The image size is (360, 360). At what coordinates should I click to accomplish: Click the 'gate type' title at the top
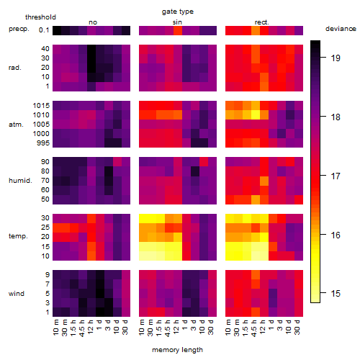pyautogui.click(x=178, y=12)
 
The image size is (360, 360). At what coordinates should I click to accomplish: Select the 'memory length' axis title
pyautogui.click(x=177, y=350)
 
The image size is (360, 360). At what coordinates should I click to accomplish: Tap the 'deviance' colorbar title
pyautogui.click(x=341, y=29)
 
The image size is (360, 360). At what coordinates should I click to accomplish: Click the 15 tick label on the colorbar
pyautogui.click(x=336, y=293)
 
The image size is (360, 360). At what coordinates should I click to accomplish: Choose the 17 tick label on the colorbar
pyautogui.click(x=336, y=176)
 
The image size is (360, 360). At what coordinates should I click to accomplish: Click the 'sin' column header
pyautogui.click(x=177, y=22)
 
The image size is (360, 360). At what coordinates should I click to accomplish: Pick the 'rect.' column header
pyautogui.click(x=262, y=22)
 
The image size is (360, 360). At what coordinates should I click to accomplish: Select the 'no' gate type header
pyautogui.click(x=93, y=22)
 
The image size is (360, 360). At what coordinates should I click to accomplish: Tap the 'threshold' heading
pyautogui.click(x=40, y=17)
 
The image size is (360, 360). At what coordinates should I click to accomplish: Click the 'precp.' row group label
pyautogui.click(x=19, y=29)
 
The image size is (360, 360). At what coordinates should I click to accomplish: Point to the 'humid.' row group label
pyautogui.click(x=20, y=181)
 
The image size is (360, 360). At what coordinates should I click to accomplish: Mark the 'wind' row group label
pyautogui.click(x=17, y=294)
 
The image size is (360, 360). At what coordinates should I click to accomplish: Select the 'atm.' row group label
pyautogui.click(x=16, y=125)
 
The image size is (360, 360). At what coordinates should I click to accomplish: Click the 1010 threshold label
pyautogui.click(x=41, y=115)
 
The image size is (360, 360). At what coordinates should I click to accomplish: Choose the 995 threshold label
pyautogui.click(x=43, y=143)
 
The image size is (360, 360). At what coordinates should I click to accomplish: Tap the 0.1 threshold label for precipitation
pyautogui.click(x=44, y=30)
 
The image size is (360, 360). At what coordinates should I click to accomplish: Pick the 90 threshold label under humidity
pyautogui.click(x=45, y=162)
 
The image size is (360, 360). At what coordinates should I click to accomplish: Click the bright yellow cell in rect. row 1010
pyautogui.click(x=256, y=115)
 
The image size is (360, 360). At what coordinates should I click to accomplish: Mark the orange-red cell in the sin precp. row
pyautogui.click(x=178, y=30)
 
